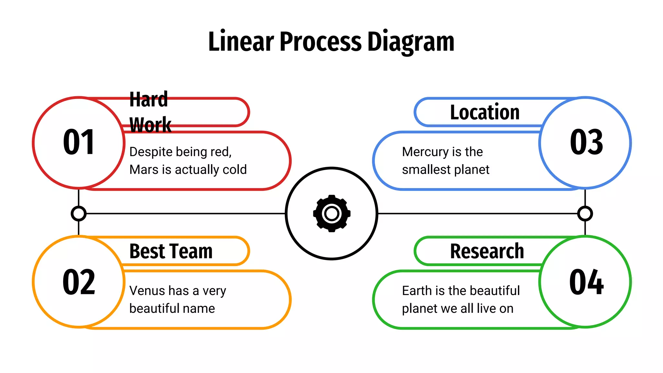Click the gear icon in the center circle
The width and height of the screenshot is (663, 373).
(x=331, y=213)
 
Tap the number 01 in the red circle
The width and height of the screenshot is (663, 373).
(x=79, y=142)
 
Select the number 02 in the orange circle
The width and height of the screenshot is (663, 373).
(x=79, y=282)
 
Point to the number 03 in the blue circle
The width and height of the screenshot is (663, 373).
(x=586, y=142)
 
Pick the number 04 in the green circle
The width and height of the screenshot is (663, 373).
(x=586, y=282)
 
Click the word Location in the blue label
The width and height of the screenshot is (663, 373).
(x=485, y=112)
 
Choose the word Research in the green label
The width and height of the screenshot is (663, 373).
(x=487, y=251)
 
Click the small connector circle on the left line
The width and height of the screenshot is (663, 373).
(x=79, y=214)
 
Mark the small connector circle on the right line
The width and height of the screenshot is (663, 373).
(x=585, y=214)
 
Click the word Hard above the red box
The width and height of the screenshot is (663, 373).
(x=149, y=99)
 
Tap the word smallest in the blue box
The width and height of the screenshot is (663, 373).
(x=426, y=170)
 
